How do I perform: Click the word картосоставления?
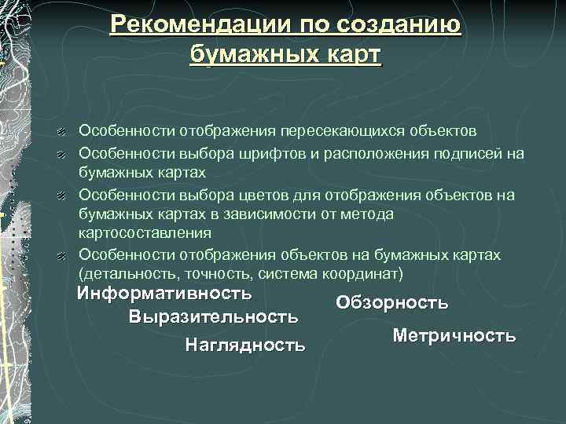[145, 233]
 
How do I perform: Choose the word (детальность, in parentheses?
[127, 275]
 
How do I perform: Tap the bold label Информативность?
[164, 294]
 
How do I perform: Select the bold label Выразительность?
[213, 318]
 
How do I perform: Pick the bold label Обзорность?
[391, 303]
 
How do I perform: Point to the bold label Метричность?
[454, 336]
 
